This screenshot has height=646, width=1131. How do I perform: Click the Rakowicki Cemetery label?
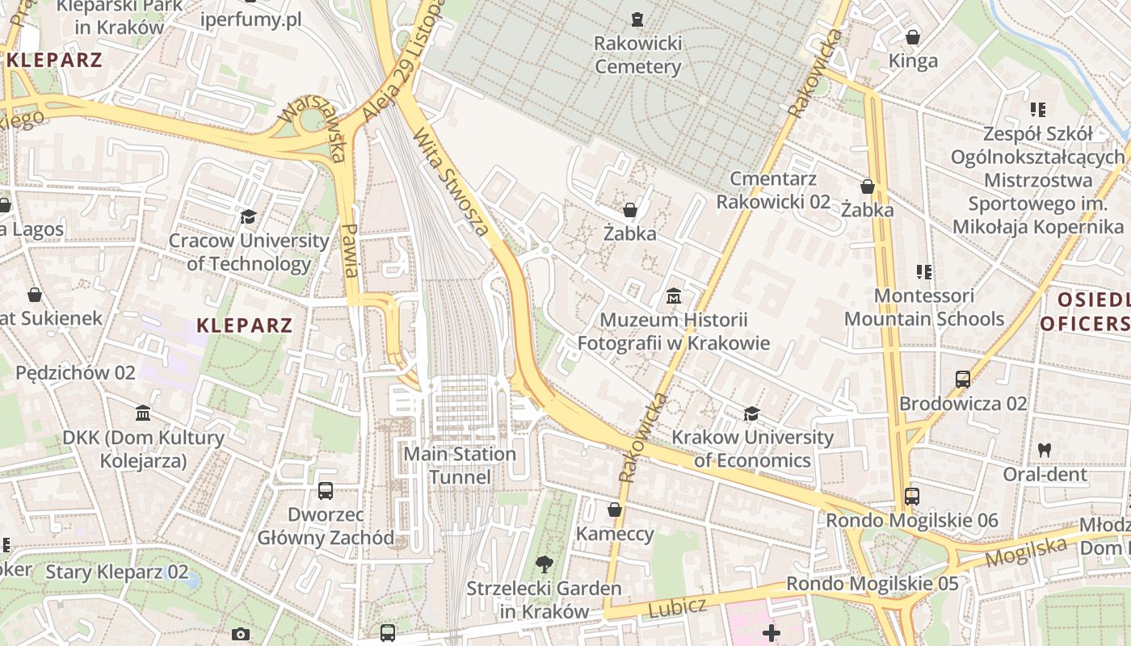tap(638, 55)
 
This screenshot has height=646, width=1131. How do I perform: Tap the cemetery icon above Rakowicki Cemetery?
tap(638, 19)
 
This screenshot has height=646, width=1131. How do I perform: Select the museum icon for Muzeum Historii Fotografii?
tap(674, 296)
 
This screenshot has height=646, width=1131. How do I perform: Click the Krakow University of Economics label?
tap(752, 449)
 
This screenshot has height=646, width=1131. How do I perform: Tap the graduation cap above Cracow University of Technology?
tap(248, 216)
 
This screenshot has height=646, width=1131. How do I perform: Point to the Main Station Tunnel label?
tap(460, 465)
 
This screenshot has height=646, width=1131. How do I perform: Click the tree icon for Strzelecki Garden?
tap(544, 564)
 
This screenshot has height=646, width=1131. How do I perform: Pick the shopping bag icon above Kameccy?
tap(615, 510)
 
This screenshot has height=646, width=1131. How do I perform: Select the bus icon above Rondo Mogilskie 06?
tap(912, 497)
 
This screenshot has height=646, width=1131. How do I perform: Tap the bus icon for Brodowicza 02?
tap(963, 379)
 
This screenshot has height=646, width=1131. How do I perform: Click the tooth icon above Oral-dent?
tap(1045, 450)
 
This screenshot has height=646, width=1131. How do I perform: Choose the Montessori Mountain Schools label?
tap(924, 307)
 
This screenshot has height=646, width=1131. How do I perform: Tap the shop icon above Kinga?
tap(913, 37)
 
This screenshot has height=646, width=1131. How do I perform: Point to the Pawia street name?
tap(351, 250)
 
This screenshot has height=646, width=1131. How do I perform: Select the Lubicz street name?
tap(677, 608)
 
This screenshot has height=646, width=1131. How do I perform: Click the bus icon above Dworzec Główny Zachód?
tap(326, 490)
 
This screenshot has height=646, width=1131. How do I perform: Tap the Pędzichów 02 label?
tap(75, 373)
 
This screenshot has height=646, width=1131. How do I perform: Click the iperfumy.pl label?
tap(250, 19)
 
